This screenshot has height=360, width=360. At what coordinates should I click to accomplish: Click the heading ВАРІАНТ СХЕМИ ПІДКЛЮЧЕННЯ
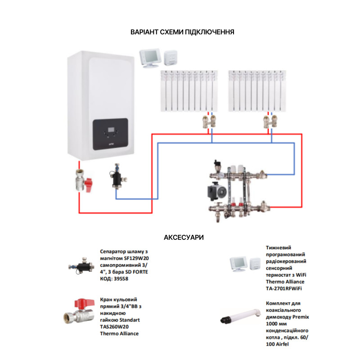click(x=182, y=32)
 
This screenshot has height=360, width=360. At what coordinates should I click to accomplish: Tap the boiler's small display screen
click(x=111, y=132)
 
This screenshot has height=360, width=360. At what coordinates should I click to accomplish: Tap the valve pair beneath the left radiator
click(x=208, y=121)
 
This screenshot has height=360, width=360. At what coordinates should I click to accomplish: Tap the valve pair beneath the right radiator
click(x=271, y=121)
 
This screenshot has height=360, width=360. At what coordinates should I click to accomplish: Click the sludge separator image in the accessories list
click(x=80, y=266)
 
